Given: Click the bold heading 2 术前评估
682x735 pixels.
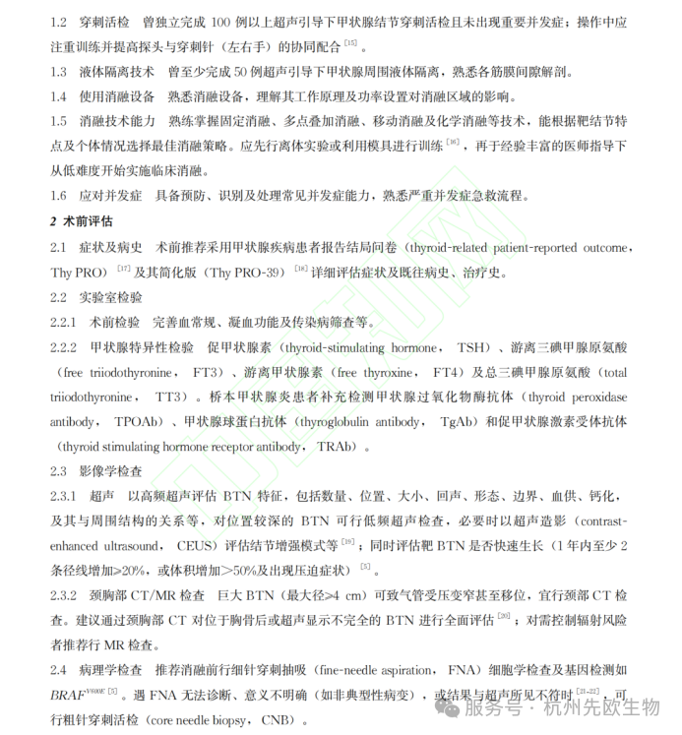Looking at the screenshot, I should [84, 221].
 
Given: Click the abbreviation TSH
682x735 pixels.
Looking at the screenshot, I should [470, 347].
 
